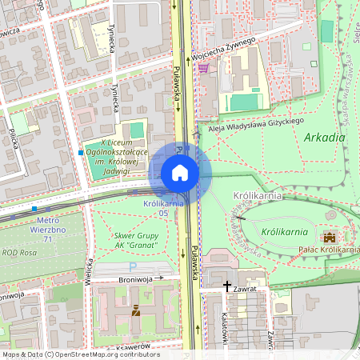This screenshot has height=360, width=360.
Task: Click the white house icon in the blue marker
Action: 180,173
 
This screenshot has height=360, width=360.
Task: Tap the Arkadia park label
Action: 325,138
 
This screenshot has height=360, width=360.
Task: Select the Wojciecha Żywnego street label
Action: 223,48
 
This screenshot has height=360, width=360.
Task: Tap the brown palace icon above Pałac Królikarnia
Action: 330,237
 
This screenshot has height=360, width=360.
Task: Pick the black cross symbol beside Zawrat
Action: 227,286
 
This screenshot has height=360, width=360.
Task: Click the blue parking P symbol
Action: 133,266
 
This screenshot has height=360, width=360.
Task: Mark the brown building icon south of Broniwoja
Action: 135,310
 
